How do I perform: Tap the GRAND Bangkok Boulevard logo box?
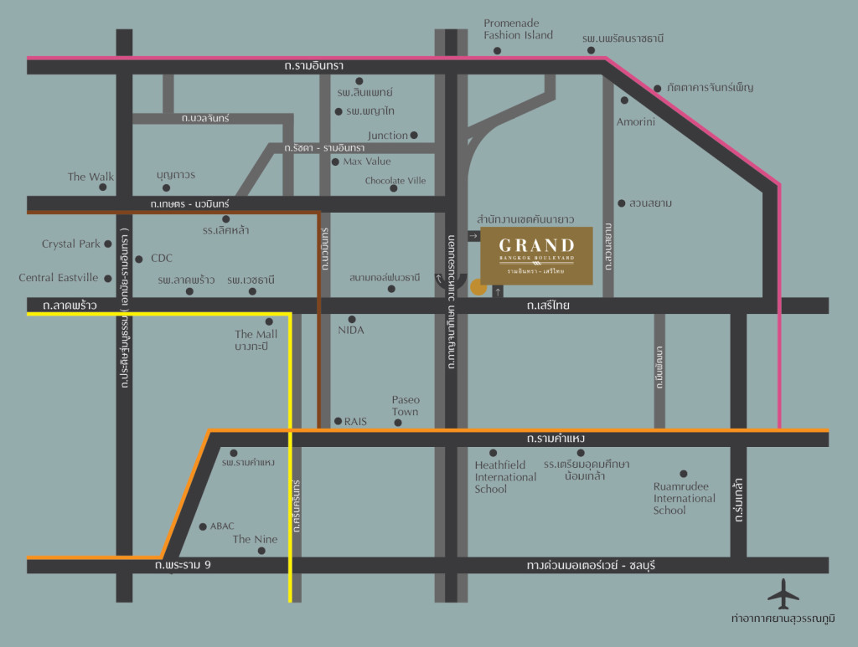pyautogui.click(x=536, y=254)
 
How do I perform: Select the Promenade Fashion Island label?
pyautogui.click(x=518, y=29)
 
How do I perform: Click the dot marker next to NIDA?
pyautogui.click(x=352, y=319)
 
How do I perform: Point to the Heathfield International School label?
pyautogui.click(x=505, y=477)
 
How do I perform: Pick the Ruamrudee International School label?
pyautogui.click(x=684, y=498)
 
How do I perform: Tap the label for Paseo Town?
pyautogui.click(x=406, y=406)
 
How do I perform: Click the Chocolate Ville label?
pyautogui.click(x=395, y=180)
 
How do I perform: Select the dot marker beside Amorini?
pyautogui.click(x=624, y=100)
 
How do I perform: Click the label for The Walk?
pyautogui.click(x=90, y=177)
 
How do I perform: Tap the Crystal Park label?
pyautogui.click(x=71, y=244)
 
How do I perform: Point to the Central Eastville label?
pyautogui.click(x=59, y=278)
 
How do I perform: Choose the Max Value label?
pyautogui.click(x=367, y=162)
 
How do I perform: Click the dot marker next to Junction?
pyautogui.click(x=413, y=135)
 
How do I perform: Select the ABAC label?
pyautogui.click(x=222, y=526)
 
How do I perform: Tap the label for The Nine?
pyautogui.click(x=255, y=540)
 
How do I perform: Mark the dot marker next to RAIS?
pyautogui.click(x=338, y=421)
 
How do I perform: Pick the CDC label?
pyautogui.click(x=161, y=259)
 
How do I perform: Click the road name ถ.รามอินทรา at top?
pyautogui.click(x=314, y=65)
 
